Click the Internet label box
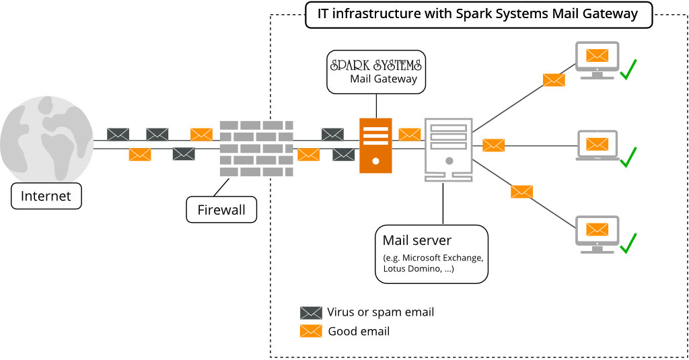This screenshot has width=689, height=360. coord(46,196)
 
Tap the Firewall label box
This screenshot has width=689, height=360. coord(221,209)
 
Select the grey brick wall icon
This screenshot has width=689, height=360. coord(256,148)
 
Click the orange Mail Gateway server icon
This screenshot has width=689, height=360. coord(375,145)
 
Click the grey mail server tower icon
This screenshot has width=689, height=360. coord(449,149)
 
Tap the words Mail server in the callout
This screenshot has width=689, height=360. coord(417,240)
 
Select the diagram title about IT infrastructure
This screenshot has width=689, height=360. coord(478,14)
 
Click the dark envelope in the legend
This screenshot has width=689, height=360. coord(311,312)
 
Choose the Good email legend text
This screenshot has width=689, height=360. coord(359,331)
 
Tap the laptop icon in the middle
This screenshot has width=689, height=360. coord(597,145)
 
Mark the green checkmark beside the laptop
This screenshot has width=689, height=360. coord(628,157)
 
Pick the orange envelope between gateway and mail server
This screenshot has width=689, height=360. coord(409,134)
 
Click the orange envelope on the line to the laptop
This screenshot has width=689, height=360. coord(493,145)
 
